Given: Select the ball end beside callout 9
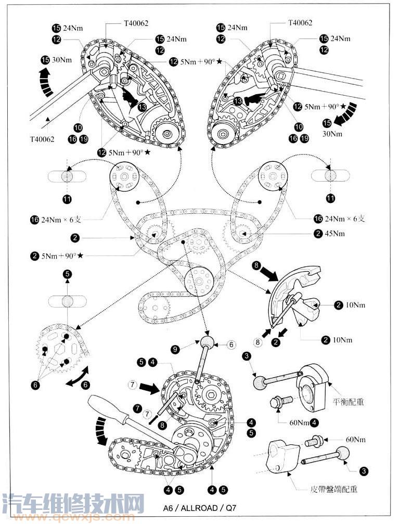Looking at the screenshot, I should coord(207,342).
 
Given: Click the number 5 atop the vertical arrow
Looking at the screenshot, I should coord(68,274).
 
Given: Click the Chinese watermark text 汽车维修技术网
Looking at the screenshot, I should coord(73,503).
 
